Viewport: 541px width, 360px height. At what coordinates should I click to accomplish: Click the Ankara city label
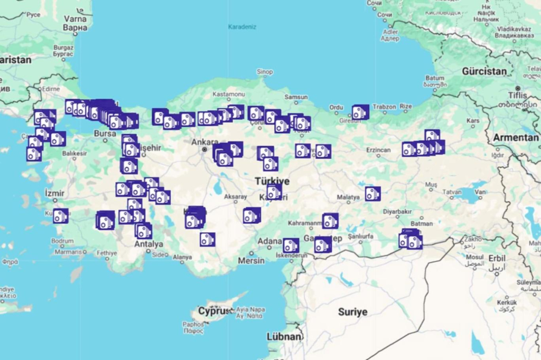pos(204,141)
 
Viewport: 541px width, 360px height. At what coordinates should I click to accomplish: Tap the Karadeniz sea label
pos(241,26)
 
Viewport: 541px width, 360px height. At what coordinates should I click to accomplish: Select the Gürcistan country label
pos(484,71)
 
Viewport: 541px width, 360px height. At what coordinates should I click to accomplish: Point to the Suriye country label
pos(352,311)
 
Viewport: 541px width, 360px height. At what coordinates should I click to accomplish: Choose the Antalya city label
pos(148,244)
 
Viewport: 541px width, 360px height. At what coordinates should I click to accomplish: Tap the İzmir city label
pos(55,193)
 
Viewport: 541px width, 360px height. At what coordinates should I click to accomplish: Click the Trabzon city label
pos(384,107)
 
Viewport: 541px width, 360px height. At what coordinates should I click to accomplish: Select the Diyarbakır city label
pos(397,211)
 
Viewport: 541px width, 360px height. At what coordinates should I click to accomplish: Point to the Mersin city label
pos(251,260)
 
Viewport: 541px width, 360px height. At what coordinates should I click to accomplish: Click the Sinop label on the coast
pos(265,72)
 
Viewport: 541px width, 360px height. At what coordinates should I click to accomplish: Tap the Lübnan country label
pos(284,336)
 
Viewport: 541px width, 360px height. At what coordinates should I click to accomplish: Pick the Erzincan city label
pos(378,150)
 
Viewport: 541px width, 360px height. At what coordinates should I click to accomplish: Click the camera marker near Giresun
pos(360,112)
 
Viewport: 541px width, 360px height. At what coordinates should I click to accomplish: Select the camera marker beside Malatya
pos(372,194)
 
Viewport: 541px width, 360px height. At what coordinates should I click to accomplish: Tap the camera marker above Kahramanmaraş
pos(330,221)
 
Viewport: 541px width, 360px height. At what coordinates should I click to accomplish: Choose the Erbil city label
pos(497,258)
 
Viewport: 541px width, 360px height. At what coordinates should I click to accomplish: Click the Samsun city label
pos(296,97)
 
